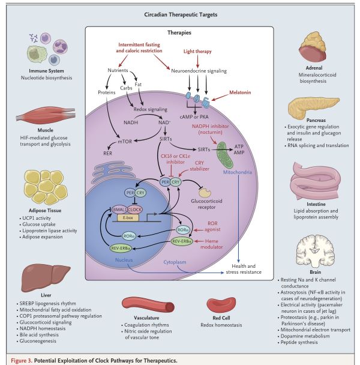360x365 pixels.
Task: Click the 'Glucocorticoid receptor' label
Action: point(211,204)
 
